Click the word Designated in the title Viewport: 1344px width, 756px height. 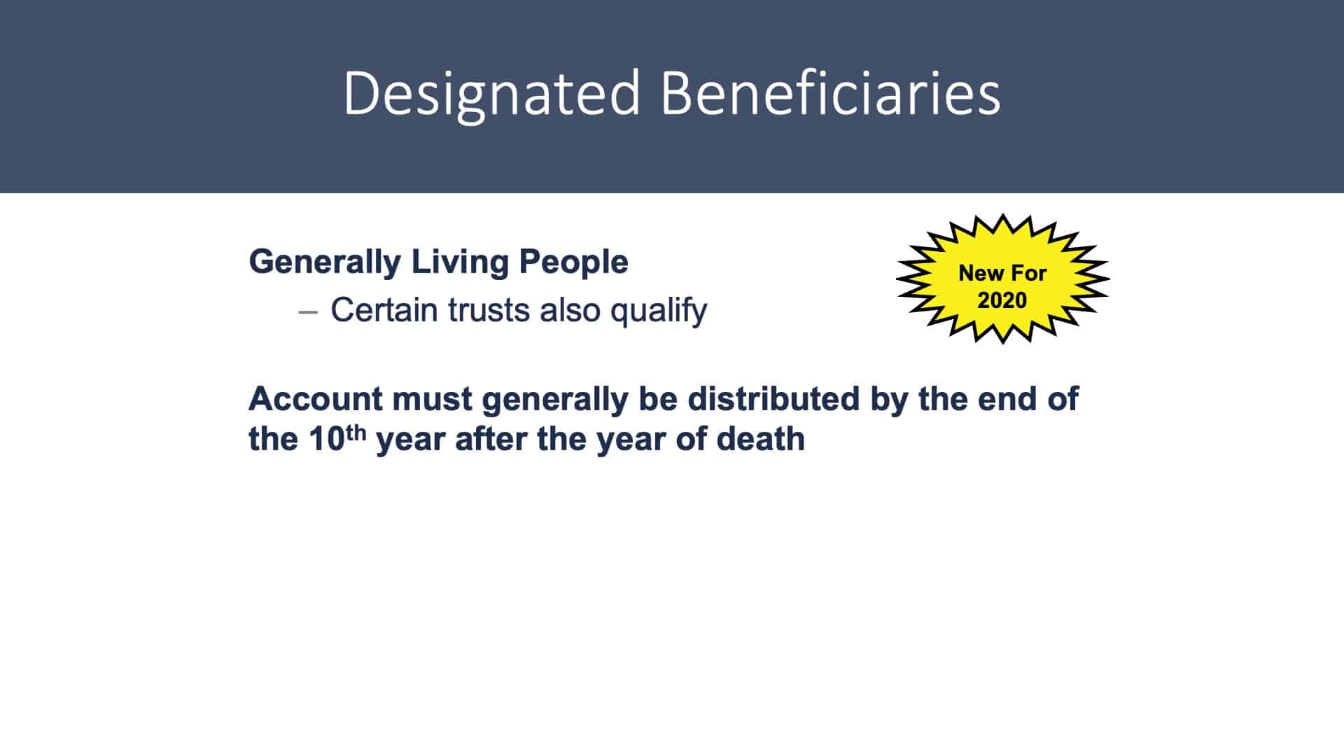[x=492, y=94]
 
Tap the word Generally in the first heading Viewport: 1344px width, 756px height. [x=325, y=262]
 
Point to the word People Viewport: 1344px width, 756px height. [x=573, y=262]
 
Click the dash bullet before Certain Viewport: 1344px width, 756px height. [x=308, y=311]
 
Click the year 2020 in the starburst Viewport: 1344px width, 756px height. [x=1002, y=300]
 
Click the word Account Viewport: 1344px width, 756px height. [x=316, y=399]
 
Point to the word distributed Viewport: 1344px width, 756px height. [x=773, y=398]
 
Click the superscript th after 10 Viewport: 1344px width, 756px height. [x=356, y=433]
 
